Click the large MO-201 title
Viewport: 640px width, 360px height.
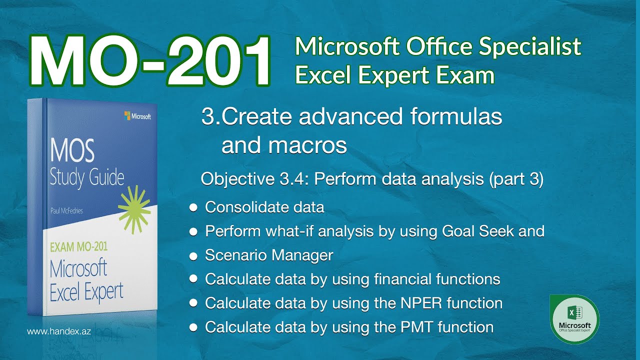tap(150, 61)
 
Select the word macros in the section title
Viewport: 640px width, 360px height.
tap(284, 145)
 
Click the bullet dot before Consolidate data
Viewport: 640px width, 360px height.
tap(192, 207)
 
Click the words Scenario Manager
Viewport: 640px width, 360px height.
tap(269, 255)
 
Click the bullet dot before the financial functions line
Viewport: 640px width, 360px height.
tap(192, 279)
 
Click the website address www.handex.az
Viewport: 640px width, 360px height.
tap(58, 331)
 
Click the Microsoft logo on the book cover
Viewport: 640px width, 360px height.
tap(137, 116)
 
